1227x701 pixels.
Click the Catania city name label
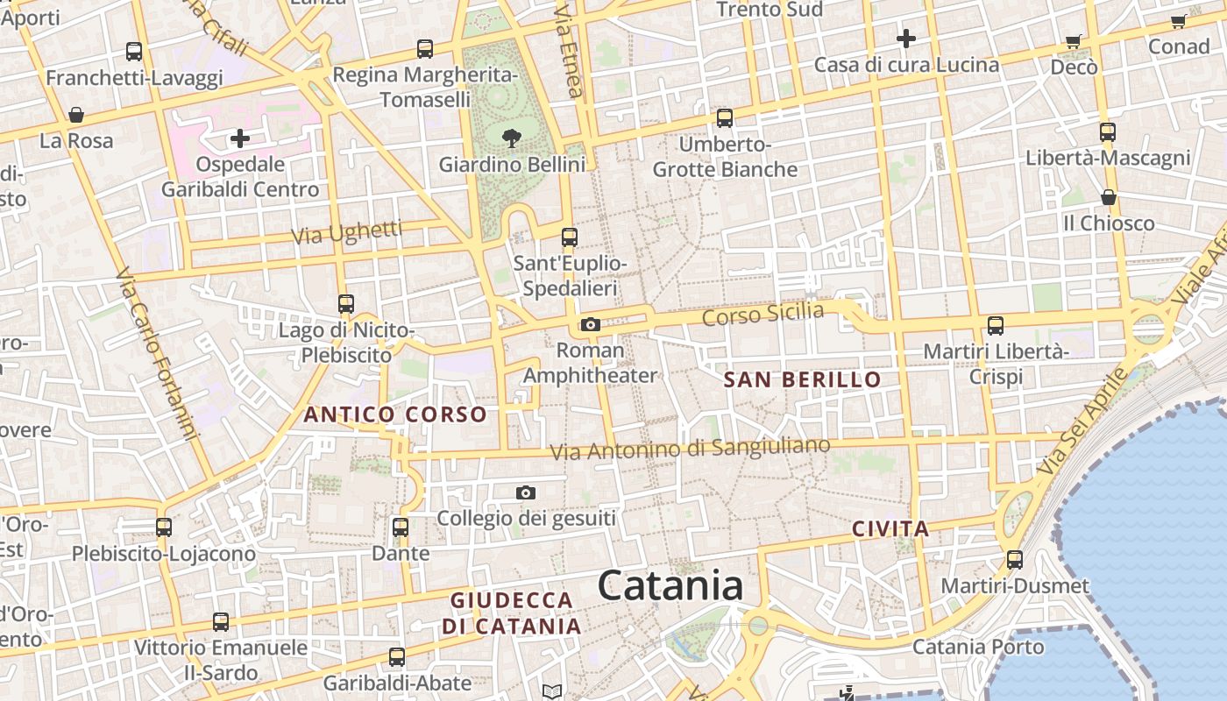coord(670,585)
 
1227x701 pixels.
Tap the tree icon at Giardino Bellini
coord(512,138)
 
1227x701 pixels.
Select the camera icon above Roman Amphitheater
coord(591,325)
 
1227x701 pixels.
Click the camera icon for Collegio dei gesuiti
coord(526,493)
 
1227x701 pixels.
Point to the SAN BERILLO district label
coord(802,379)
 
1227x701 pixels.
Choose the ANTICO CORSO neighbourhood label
coord(394,414)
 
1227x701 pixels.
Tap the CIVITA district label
coord(890,529)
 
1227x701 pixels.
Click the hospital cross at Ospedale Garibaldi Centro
coord(239,138)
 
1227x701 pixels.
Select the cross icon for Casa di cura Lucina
coord(906,39)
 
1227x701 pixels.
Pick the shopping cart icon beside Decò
coord(1074,42)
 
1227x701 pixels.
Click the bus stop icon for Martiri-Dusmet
coord(1015,559)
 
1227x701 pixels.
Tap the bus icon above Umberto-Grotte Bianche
coord(724,118)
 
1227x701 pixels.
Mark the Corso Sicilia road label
coord(762,314)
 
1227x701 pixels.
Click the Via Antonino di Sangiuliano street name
coord(690,449)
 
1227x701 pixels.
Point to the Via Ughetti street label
coord(347,233)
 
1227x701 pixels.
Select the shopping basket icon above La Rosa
coord(76,115)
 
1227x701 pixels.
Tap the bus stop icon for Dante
coord(401,528)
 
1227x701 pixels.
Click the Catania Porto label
coord(978,648)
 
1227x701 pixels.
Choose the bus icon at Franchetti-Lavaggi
coord(134,52)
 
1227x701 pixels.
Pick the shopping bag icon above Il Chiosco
coord(1109,198)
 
